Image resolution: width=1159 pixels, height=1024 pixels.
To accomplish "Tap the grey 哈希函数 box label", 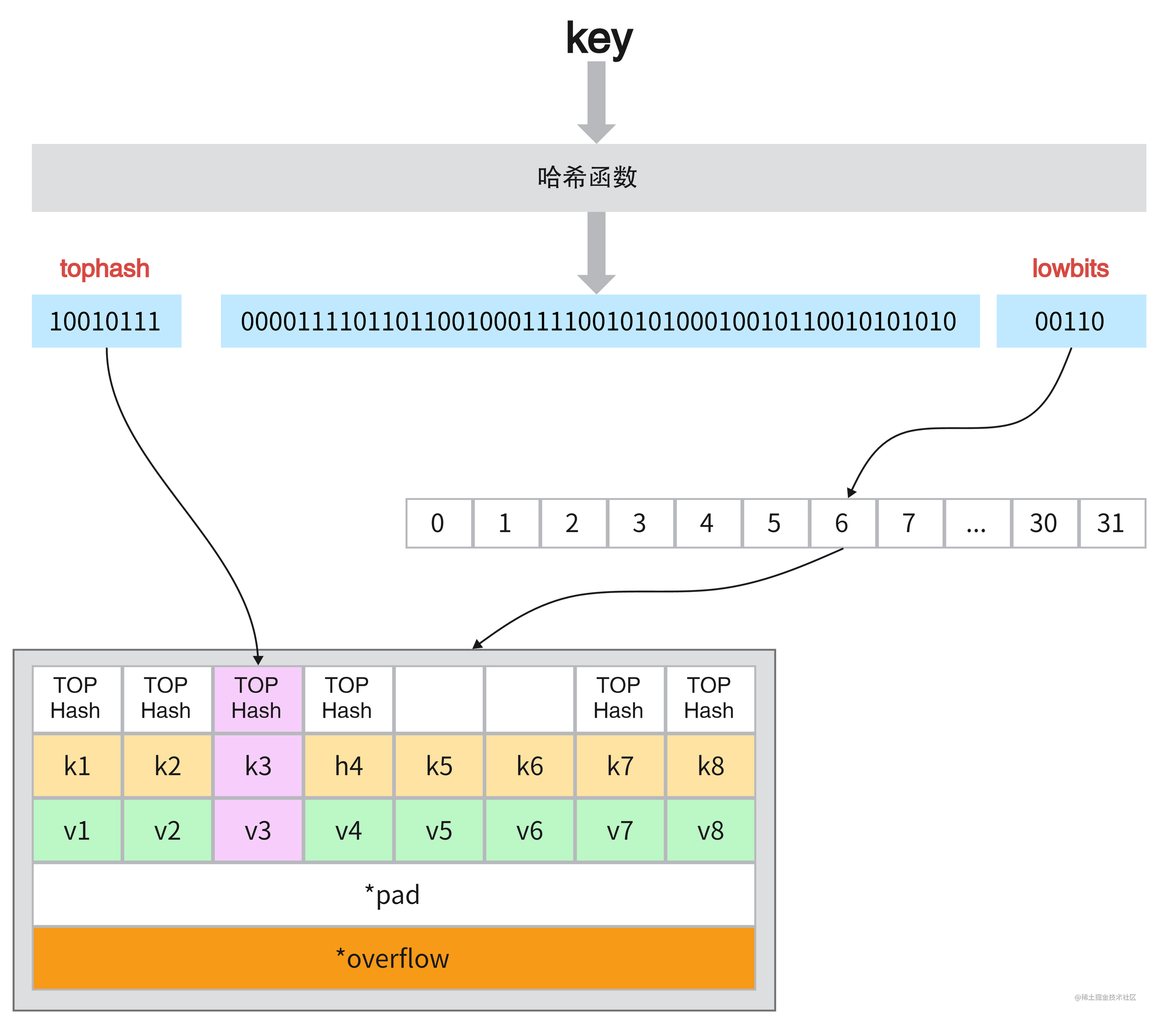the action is [x=588, y=177].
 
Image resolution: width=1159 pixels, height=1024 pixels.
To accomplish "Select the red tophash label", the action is [x=105, y=268].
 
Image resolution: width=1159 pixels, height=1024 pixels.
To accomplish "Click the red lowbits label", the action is [x=1070, y=268].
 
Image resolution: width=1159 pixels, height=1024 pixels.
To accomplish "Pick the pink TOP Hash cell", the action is [x=258, y=699].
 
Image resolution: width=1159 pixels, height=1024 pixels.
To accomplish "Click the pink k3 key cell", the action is [x=258, y=766].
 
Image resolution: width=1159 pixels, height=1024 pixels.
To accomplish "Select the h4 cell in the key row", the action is [x=348, y=766].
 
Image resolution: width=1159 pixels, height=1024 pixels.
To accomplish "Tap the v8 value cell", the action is [x=711, y=830].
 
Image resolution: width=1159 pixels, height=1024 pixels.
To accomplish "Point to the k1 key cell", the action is [x=77, y=766].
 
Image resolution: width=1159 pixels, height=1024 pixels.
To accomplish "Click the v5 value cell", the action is [x=439, y=830].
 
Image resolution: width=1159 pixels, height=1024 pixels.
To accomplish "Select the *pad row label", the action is [x=392, y=895].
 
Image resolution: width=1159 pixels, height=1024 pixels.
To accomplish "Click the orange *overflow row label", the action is [x=392, y=959].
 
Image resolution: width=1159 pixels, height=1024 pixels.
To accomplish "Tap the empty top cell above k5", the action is [x=439, y=699].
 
